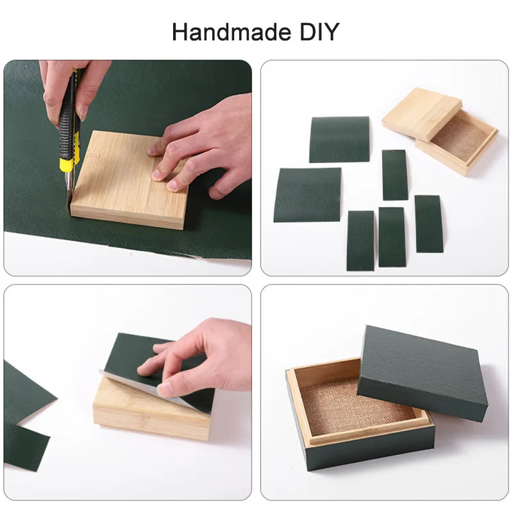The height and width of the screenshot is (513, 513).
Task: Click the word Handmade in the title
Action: coord(231,32)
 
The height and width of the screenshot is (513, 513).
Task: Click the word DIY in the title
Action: coord(319,32)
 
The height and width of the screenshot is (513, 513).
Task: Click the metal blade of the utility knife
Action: coord(69,194)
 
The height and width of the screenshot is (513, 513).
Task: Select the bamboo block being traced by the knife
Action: coord(130,180)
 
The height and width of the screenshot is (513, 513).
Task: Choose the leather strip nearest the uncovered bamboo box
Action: coord(395,175)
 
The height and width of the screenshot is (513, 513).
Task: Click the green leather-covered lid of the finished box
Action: coord(423,373)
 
